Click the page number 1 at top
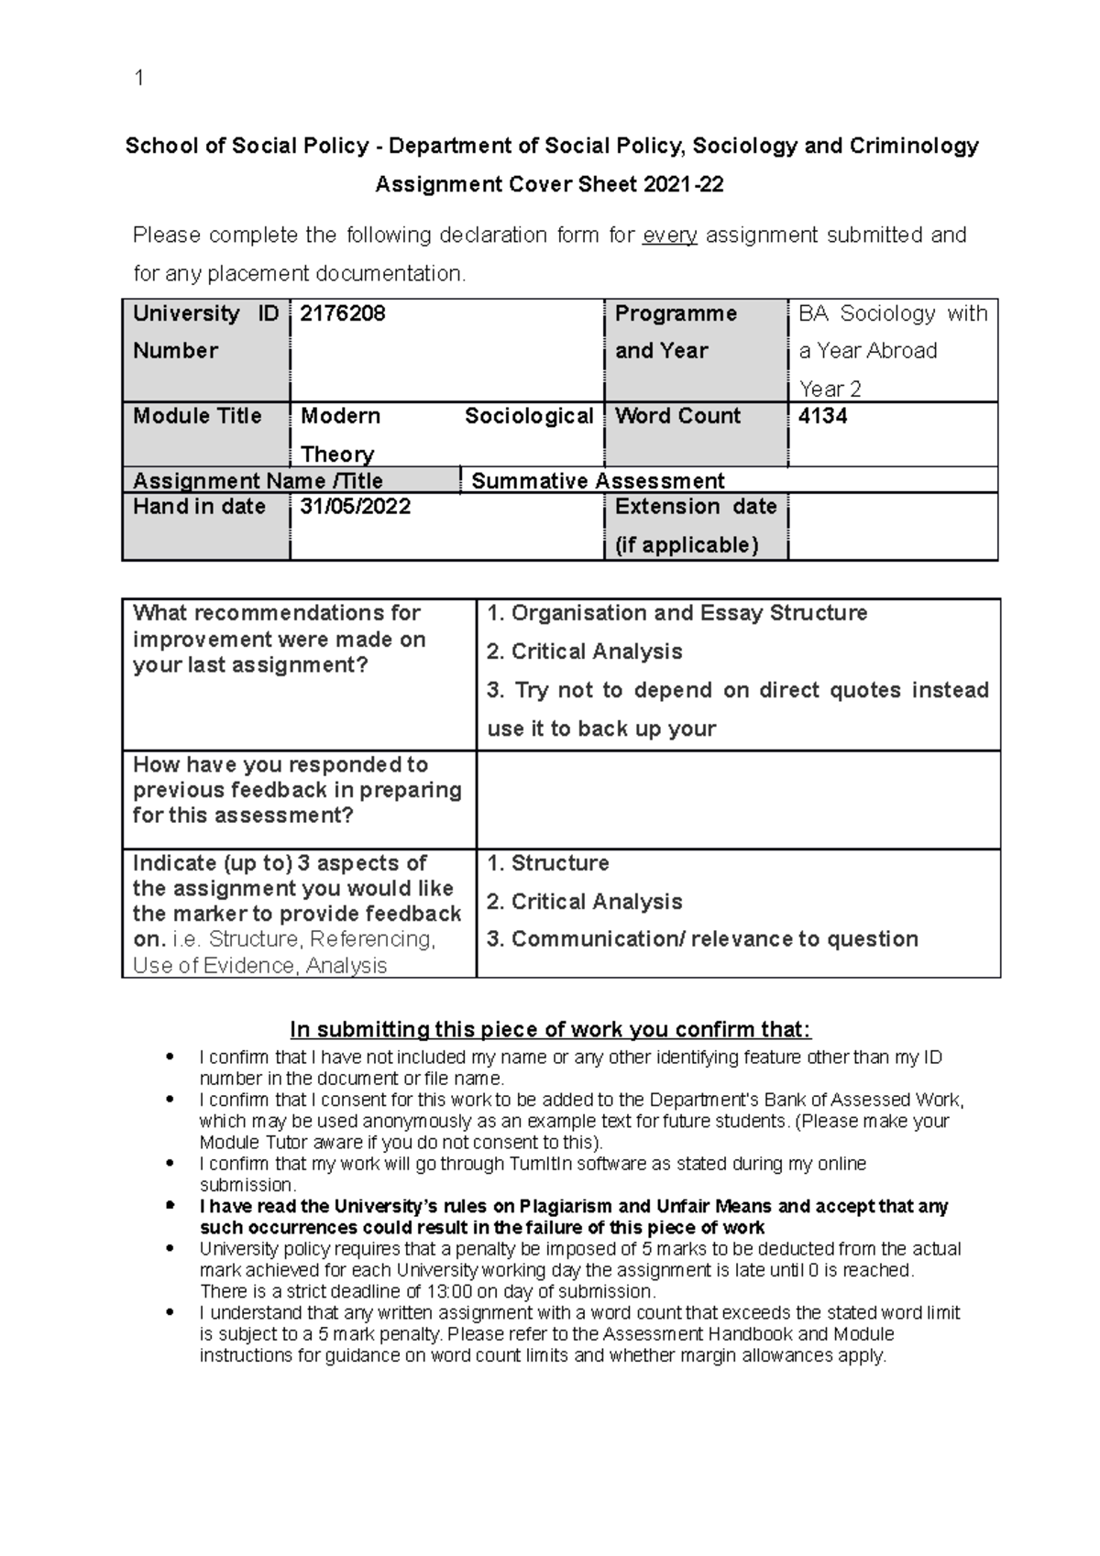[138, 79]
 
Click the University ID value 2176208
[342, 314]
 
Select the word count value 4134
[822, 416]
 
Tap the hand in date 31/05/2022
[356, 507]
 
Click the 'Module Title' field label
[197, 416]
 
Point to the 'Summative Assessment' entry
[598, 481]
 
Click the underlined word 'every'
[670, 236]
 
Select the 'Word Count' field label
[677, 416]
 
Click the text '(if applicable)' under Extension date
[687, 545]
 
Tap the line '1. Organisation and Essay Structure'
[677, 613]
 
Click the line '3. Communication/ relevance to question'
[702, 939]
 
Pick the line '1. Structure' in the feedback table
[548, 863]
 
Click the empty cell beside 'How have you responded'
[738, 800]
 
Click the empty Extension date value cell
[892, 526]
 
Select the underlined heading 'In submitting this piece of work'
[550, 1030]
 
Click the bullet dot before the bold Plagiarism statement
[169, 1207]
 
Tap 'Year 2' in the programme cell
[830, 389]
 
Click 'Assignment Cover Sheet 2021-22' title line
[550, 185]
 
